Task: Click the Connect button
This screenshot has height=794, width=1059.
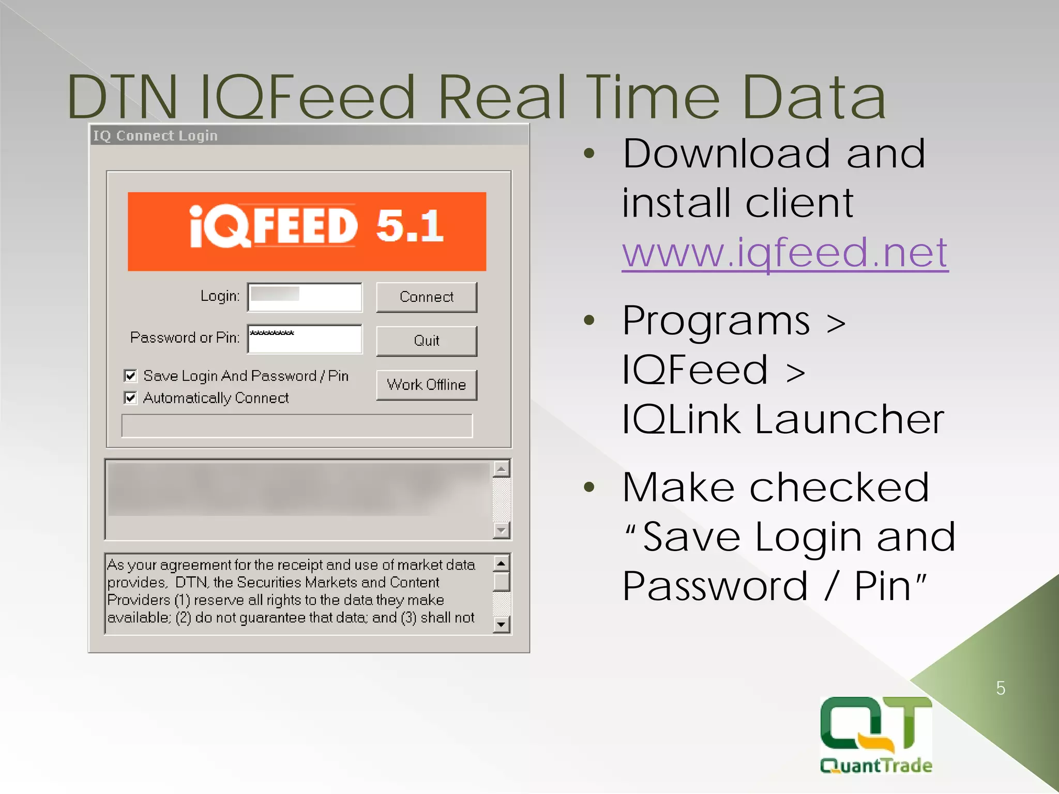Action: click(x=426, y=297)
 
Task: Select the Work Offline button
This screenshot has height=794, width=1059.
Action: click(x=426, y=385)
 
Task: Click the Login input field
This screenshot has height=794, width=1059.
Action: click(x=305, y=297)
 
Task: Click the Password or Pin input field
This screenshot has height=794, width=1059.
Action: click(x=305, y=339)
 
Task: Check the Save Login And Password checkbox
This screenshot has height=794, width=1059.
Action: click(x=130, y=375)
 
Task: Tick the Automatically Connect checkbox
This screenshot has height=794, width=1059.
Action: click(x=130, y=398)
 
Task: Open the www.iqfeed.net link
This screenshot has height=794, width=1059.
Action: click(x=784, y=253)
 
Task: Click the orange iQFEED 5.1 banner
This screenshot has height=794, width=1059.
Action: click(x=307, y=231)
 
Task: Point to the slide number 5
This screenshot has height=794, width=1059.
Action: click(x=1001, y=689)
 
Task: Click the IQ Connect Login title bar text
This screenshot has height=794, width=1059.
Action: click(x=155, y=135)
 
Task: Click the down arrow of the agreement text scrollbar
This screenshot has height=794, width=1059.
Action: click(x=501, y=624)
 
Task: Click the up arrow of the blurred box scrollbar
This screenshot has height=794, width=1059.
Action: click(x=501, y=469)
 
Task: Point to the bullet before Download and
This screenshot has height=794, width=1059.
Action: click(x=589, y=154)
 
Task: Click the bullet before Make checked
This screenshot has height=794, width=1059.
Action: click(x=589, y=487)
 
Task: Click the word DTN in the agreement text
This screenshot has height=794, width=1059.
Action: click(x=191, y=583)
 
